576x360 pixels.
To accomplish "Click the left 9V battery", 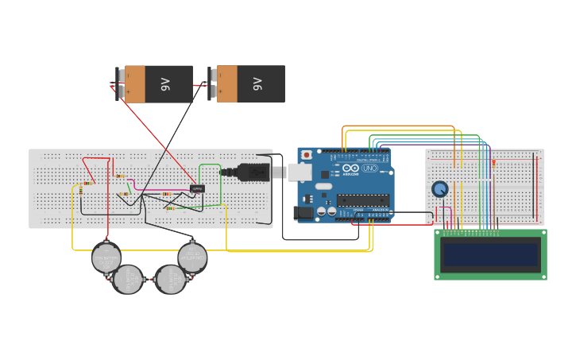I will pos(159,83).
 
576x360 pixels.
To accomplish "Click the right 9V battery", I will pos(251,83).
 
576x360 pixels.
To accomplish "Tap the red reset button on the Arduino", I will pos(307,155).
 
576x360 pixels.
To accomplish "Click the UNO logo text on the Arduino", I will pos(369,168).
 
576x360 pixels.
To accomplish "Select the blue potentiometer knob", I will pos(439,189).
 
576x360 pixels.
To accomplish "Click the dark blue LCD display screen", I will pos(490,254).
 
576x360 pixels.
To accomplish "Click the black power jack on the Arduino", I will pos(303,212).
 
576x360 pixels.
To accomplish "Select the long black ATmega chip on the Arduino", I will pos(362,199).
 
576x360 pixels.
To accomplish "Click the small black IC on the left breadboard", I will pos(198,188).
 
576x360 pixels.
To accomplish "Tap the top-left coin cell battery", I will pos(106,257).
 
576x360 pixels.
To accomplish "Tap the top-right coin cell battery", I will pos(192,257).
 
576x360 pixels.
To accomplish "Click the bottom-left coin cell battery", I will pos(127,279).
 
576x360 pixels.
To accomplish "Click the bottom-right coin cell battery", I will pos(169,279).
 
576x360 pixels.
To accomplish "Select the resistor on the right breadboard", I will pos(493,163).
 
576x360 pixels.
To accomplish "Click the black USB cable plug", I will pos(253,172).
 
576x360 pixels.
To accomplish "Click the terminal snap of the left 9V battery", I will pos(122,83).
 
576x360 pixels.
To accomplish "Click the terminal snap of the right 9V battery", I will pos(213,83).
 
